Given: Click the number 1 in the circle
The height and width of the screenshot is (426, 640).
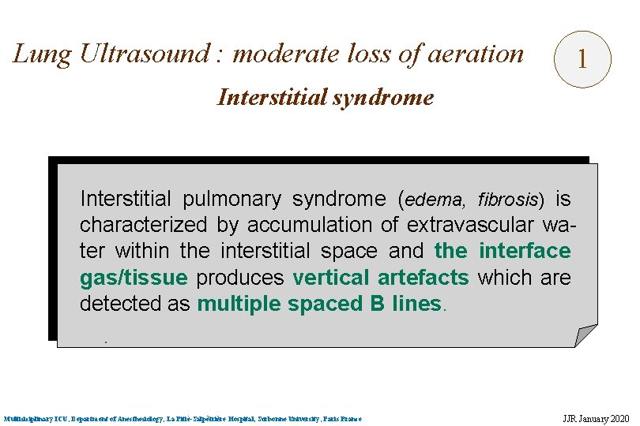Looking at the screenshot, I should pos(582,58).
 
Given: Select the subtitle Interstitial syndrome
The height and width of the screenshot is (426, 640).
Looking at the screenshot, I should pos(325,97).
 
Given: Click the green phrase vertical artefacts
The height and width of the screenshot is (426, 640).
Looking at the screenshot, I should pos(381,278).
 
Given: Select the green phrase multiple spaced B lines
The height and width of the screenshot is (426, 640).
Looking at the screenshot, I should pos(319,305).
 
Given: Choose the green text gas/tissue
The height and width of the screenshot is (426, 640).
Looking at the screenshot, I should pos(134,278).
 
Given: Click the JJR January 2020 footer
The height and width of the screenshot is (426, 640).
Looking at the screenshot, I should pos(591,418).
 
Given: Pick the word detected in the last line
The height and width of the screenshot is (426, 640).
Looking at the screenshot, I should pos(116,305).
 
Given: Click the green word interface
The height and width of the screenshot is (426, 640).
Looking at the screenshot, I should pos(525,251).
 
